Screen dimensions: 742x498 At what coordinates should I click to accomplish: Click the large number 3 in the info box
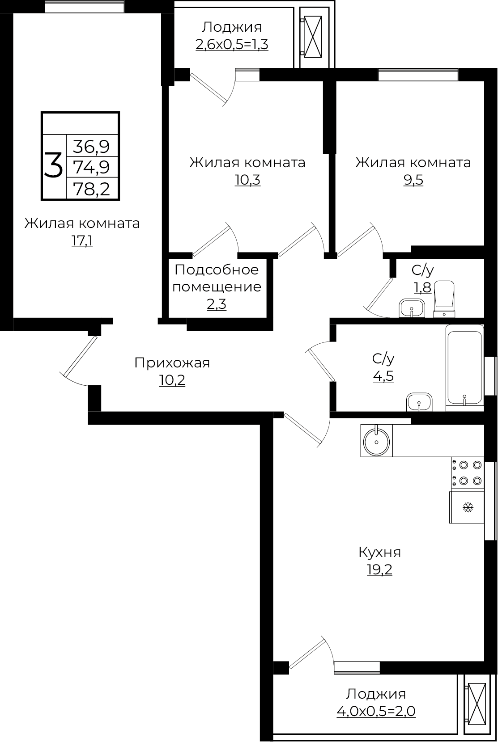(53, 165)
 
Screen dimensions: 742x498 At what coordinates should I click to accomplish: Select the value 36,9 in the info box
(91, 146)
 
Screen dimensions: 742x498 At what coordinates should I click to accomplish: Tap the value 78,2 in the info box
(91, 189)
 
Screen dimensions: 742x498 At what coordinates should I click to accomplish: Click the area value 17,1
(82, 241)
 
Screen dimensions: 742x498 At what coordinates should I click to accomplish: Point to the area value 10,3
(247, 180)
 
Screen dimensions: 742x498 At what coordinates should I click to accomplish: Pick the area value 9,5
(413, 180)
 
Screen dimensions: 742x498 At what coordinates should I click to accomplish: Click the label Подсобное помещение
(217, 278)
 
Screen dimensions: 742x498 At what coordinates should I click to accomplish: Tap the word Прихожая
(172, 363)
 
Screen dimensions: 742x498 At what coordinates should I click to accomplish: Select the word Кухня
(379, 552)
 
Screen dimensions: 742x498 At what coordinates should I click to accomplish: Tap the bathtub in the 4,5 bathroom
(464, 367)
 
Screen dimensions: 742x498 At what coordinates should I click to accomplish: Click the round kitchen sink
(377, 441)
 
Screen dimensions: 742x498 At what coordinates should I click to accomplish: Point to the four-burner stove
(468, 473)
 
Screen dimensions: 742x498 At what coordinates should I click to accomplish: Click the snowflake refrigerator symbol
(468, 507)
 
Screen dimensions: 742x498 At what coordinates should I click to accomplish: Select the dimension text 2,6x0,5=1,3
(232, 45)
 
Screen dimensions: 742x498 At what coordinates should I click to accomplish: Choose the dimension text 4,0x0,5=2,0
(376, 711)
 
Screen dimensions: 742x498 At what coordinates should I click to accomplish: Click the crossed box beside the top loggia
(312, 36)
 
